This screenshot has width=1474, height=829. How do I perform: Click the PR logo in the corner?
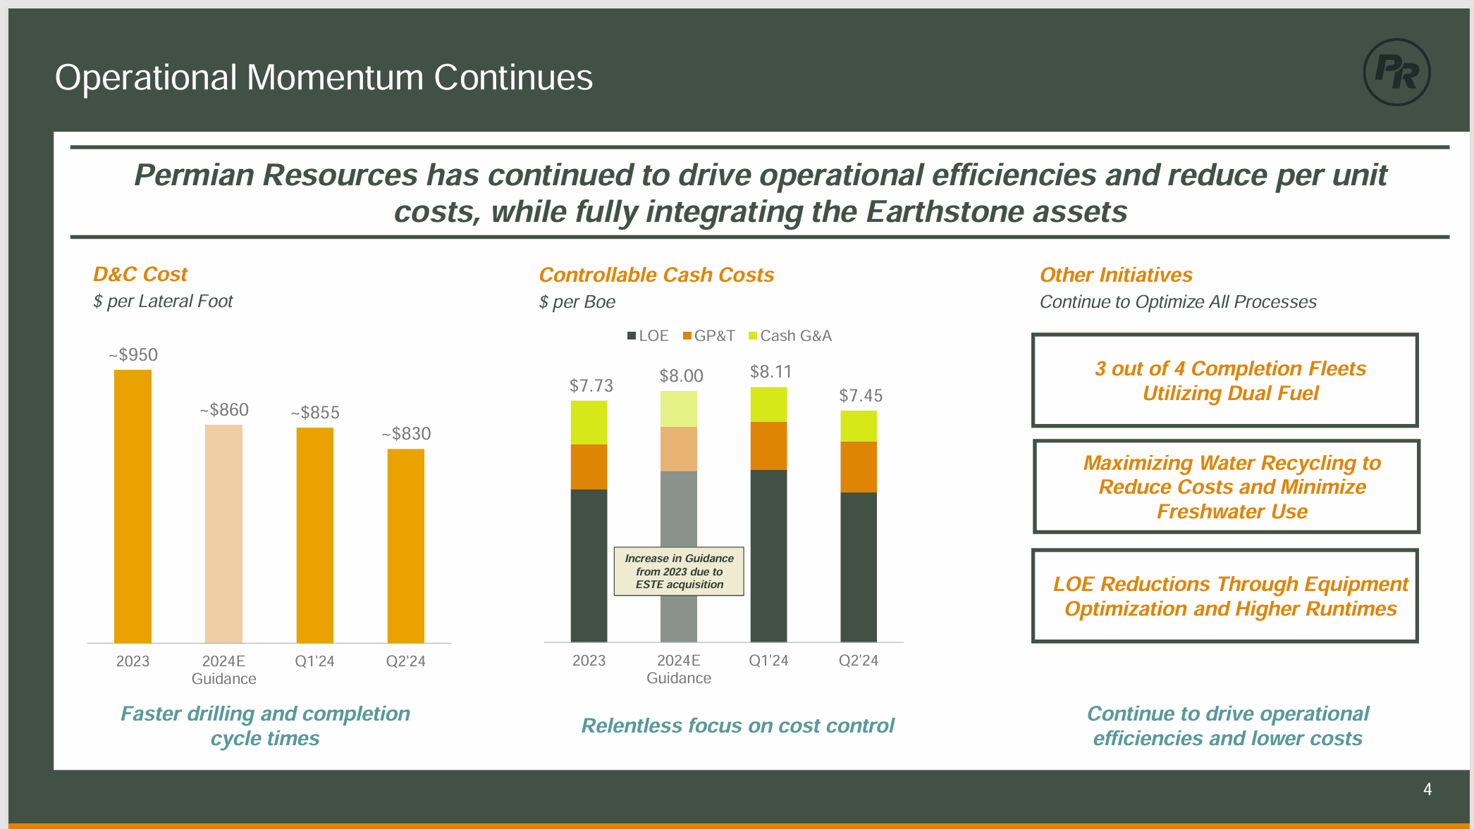pyautogui.click(x=1396, y=72)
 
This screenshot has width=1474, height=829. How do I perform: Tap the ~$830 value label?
pyautogui.click(x=406, y=434)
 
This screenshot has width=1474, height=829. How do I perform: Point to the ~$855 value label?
pyautogui.click(x=315, y=413)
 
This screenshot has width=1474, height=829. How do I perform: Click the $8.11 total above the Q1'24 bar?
pyautogui.click(x=770, y=372)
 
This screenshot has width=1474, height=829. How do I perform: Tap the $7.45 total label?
pyautogui.click(x=860, y=396)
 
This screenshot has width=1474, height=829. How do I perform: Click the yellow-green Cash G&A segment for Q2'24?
pyautogui.click(x=859, y=426)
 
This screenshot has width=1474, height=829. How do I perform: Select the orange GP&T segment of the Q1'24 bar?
pyautogui.click(x=768, y=446)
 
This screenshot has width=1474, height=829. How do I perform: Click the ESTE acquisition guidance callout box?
pyautogui.click(x=679, y=571)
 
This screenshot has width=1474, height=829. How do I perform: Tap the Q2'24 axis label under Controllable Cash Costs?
pyautogui.click(x=858, y=661)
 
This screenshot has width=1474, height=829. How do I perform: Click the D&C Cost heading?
pyautogui.click(x=140, y=274)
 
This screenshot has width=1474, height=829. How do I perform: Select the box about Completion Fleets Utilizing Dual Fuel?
pyautogui.click(x=1224, y=380)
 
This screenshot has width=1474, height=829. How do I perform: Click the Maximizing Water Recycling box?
pyautogui.click(x=1226, y=487)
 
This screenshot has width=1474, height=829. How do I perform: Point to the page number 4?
pyautogui.click(x=1427, y=790)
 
